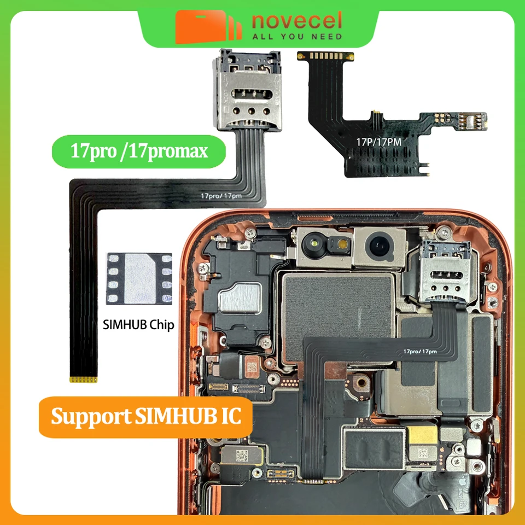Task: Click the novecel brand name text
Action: coord(297,21)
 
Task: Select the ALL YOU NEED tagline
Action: coord(297,37)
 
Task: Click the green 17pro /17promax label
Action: coord(139,150)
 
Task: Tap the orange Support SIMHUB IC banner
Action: coord(146,416)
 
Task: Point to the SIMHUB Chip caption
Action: coord(138,325)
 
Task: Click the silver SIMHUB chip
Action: coord(139,278)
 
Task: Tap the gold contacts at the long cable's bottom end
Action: coord(85,378)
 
